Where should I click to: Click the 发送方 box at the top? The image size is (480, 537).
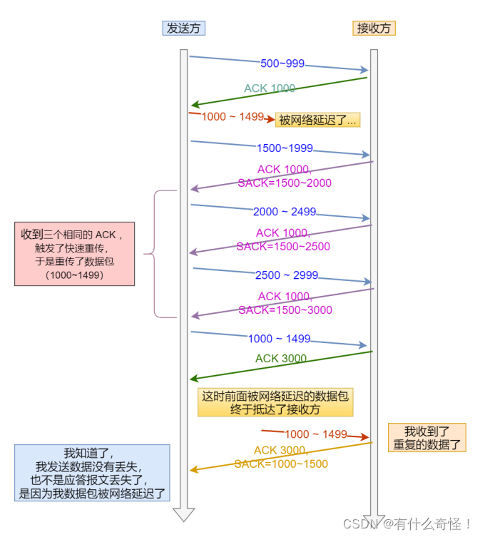(183, 28)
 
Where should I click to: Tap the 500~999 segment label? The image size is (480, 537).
(282, 63)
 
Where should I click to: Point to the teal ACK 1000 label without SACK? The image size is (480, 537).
(269, 88)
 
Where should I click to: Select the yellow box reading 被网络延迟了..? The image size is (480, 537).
(317, 120)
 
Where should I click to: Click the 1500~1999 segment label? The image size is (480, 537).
(285, 148)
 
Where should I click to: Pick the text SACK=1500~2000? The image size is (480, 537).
(284, 183)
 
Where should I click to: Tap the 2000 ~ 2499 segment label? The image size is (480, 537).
(284, 212)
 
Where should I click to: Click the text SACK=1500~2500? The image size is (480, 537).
(283, 246)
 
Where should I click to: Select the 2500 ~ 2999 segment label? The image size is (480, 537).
(287, 275)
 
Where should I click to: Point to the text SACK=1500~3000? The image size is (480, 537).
(285, 310)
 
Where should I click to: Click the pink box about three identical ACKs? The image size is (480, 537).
(74, 254)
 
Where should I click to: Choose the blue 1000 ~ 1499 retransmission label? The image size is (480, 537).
(279, 339)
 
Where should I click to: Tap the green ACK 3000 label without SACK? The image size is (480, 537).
(281, 359)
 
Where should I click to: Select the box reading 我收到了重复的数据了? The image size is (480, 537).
(427, 438)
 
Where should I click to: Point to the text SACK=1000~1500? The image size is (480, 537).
(281, 464)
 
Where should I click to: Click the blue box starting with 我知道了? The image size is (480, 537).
(93, 473)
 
